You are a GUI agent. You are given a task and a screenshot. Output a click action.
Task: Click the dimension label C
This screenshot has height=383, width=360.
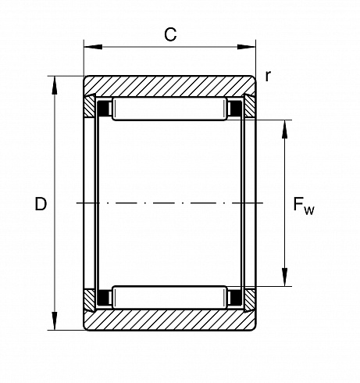[170, 34]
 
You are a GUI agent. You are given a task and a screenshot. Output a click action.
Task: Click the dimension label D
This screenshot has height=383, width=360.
[41, 204]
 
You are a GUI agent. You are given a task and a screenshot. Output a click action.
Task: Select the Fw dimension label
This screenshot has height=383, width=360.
[304, 206]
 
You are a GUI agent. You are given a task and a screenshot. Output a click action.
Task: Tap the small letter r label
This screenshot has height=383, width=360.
[268, 76]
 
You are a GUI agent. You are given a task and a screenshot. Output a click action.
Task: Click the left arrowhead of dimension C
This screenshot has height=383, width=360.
[93, 47]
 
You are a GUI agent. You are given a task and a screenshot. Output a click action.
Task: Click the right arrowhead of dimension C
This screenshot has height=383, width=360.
[246, 47]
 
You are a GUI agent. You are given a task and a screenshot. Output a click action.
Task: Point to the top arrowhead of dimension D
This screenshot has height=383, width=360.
[55, 85]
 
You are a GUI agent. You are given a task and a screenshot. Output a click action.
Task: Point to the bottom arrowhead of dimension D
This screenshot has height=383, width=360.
[55, 321]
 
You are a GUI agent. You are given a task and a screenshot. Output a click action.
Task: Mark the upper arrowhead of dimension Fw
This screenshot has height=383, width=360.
[285, 129]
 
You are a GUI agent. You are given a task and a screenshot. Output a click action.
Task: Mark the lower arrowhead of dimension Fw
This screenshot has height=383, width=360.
[285, 277]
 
